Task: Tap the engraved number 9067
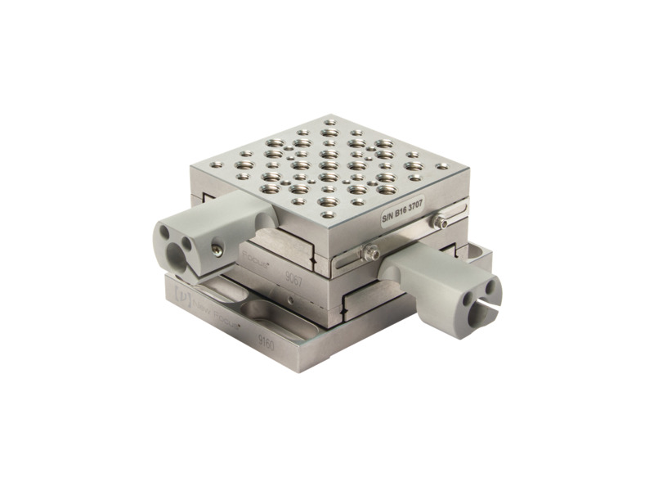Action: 293,280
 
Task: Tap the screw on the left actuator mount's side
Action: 216,250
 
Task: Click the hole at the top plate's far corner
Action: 329,122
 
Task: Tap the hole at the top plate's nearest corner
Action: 328,215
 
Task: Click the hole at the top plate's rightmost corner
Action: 442,166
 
